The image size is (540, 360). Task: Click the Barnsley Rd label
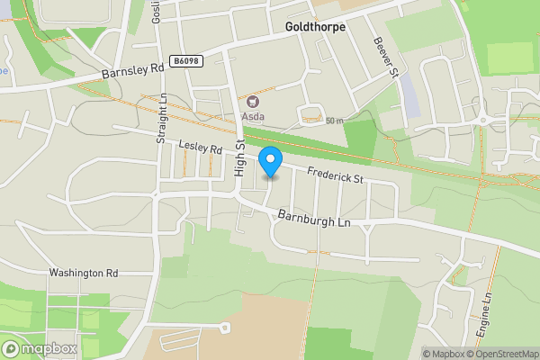click(133, 68)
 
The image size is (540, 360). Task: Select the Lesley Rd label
click(200, 146)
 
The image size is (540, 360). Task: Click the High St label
click(240, 157)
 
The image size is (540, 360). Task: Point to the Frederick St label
click(334, 175)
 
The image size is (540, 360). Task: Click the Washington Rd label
click(84, 273)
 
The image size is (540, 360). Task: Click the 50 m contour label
click(335, 121)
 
